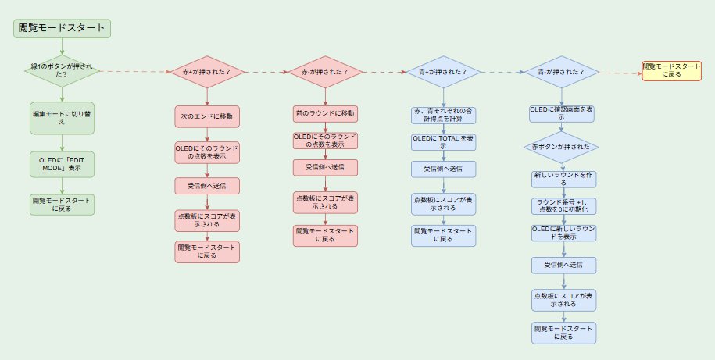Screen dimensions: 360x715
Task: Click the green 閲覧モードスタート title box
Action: click(62, 27)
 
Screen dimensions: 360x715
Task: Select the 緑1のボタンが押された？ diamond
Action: click(62, 73)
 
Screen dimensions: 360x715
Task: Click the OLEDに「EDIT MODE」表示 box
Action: click(62, 163)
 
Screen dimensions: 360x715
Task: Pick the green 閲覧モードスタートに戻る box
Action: click(62, 205)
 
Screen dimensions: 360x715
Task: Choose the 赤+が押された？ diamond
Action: click(207, 72)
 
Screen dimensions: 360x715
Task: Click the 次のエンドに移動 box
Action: click(207, 116)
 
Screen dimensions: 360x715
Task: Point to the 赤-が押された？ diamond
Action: click(325, 72)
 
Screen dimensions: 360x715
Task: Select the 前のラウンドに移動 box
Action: click(325, 113)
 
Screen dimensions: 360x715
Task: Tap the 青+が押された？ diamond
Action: click(443, 72)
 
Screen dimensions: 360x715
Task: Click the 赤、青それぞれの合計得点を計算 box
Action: click(443, 115)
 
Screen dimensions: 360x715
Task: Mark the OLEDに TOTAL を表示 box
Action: click(443, 142)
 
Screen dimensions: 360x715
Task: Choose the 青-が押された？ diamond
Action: click(561, 72)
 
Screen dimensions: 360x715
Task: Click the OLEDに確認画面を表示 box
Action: click(561, 114)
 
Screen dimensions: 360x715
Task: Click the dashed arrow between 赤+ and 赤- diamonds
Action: click(266, 72)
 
